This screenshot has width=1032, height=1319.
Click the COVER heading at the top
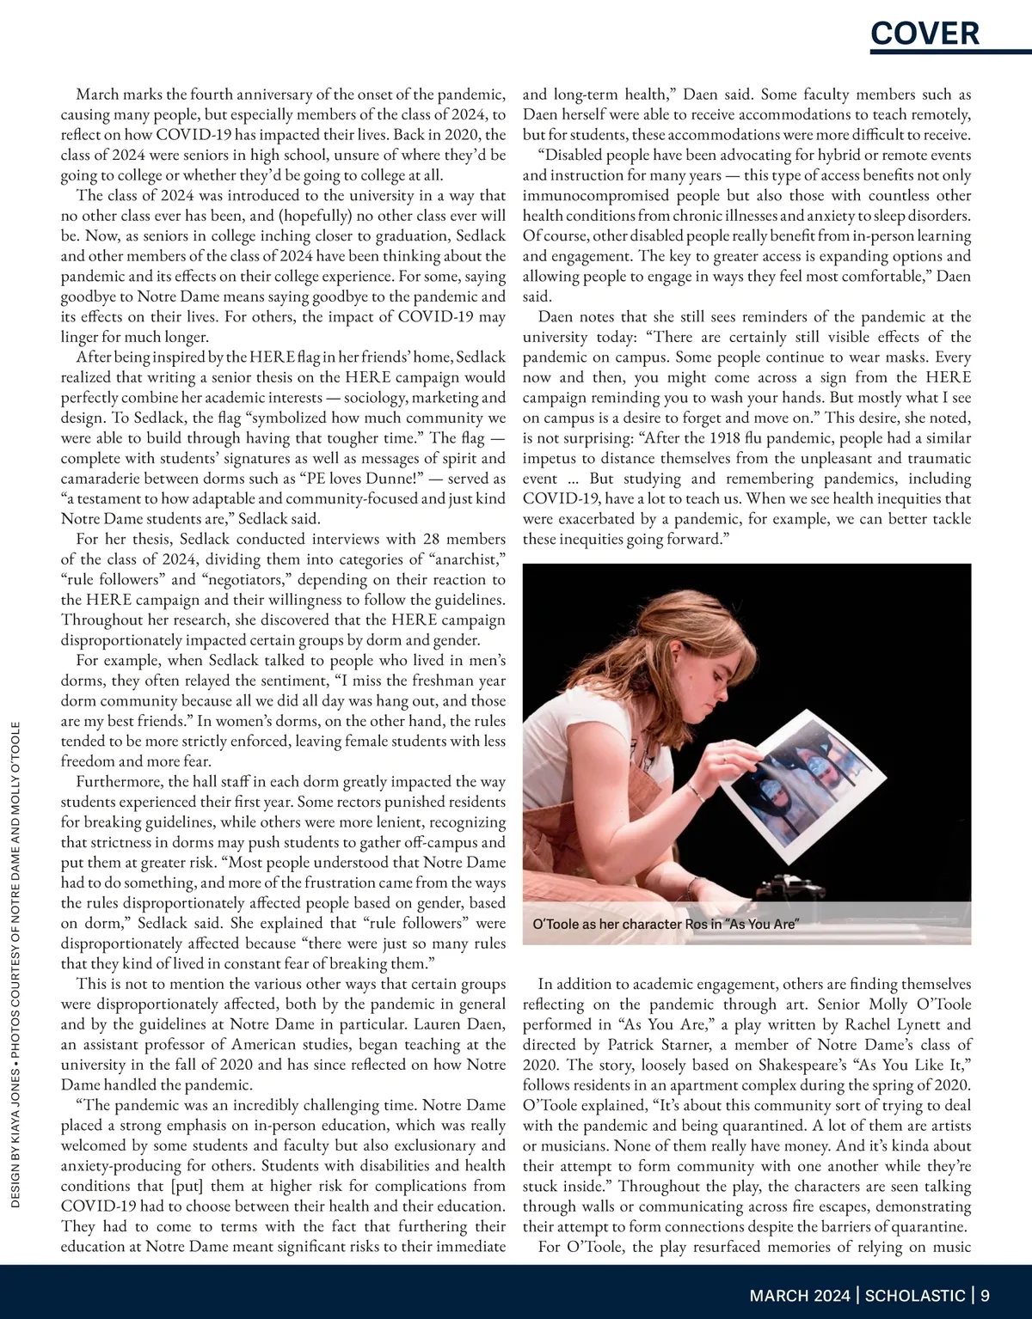click(924, 33)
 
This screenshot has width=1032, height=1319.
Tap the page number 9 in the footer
click(985, 1295)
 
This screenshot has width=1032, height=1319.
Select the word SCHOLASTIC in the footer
click(915, 1295)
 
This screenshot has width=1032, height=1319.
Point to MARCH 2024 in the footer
click(801, 1295)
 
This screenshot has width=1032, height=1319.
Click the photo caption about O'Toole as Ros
click(666, 925)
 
